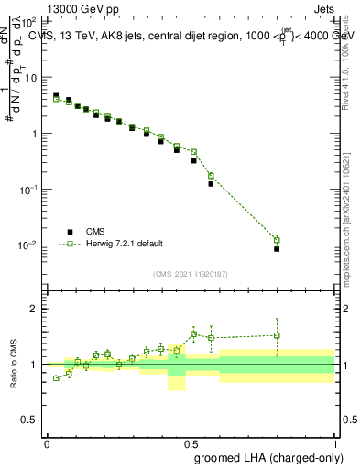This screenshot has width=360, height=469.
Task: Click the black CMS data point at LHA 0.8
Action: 277,248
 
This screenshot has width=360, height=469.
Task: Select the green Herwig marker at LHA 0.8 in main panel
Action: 277,240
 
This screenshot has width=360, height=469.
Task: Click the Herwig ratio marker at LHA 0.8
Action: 277,335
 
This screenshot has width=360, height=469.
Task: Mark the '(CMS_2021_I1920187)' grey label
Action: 191,274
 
